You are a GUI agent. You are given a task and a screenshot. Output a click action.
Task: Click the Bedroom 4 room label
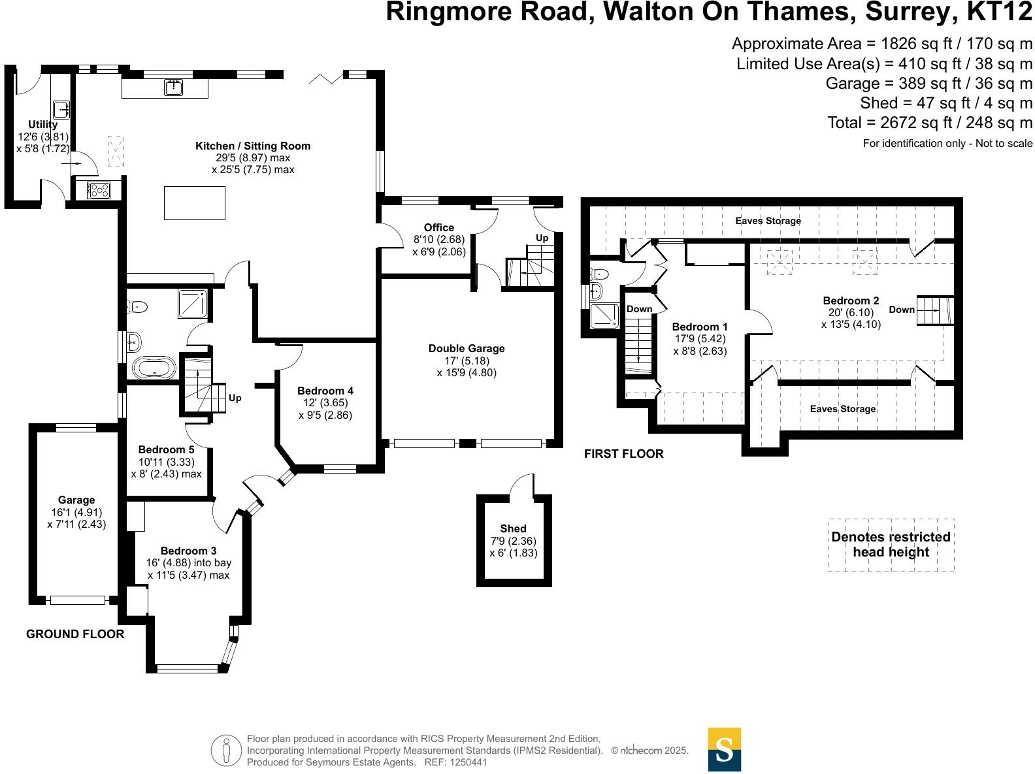coord(325,391)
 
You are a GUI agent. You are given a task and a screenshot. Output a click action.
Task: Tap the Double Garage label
coord(467,349)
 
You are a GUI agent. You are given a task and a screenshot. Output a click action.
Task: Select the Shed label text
coord(513,528)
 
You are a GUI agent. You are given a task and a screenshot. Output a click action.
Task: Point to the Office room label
coord(439,227)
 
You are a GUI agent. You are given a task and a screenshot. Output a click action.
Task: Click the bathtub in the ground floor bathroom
coord(154,368)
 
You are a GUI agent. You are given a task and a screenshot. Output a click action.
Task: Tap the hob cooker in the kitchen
coord(99,190)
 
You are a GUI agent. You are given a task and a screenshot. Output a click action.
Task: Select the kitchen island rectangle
coord(194,202)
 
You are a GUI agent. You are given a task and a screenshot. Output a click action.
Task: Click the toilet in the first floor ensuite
coord(599,274)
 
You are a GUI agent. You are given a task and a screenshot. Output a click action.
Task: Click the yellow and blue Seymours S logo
coord(725,749)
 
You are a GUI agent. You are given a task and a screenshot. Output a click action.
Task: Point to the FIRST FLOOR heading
coord(623,453)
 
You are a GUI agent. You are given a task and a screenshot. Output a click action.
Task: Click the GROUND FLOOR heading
coord(75,634)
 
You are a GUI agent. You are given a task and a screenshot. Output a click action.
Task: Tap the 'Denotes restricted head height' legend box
coord(891,545)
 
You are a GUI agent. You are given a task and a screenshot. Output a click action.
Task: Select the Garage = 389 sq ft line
coord(928,84)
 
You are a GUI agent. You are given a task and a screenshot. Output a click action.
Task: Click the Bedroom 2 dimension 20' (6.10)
coord(851,312)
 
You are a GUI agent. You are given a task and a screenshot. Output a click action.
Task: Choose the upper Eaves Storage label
coord(768,221)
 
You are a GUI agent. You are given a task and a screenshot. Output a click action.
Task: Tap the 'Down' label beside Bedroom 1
coord(639,309)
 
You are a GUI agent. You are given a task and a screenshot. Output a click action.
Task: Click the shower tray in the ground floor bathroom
coord(194,302)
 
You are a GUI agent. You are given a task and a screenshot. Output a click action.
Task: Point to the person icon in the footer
coord(226,750)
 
